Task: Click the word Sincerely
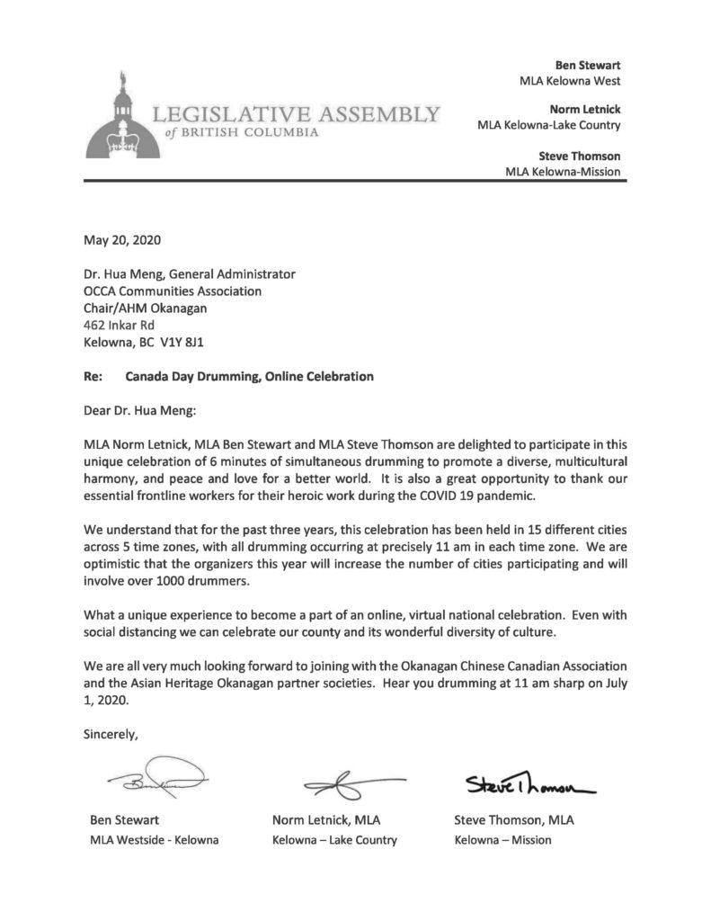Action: point(111,734)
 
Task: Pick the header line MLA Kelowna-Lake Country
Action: point(548,126)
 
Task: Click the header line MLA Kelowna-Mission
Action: point(563,171)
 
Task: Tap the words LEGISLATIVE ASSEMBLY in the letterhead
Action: point(296,115)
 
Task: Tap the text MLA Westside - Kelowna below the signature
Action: point(155,840)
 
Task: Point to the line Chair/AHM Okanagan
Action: point(145,308)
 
